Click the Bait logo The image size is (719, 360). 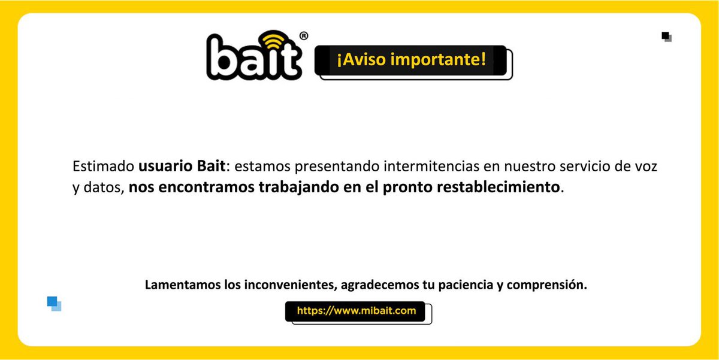pyautogui.click(x=254, y=58)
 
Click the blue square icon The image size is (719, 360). pyautogui.click(x=54, y=303)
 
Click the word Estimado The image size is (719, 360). pyautogui.click(x=104, y=166)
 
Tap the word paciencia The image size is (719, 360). pyautogui.click(x=464, y=285)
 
